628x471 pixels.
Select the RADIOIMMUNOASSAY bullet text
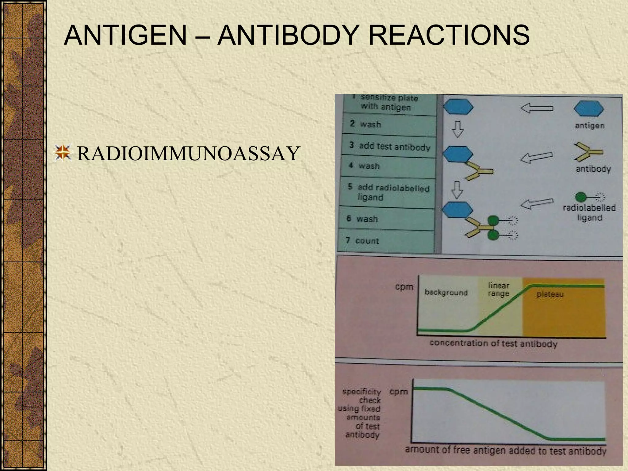pyautogui.click(x=188, y=153)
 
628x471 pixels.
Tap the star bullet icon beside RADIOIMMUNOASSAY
pyautogui.click(x=63, y=153)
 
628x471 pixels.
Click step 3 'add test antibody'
pyautogui.click(x=389, y=146)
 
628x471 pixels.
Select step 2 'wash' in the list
pyautogui.click(x=366, y=124)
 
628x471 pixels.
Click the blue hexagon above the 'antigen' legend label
pyautogui.click(x=588, y=109)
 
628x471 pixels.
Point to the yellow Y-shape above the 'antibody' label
pyautogui.click(x=588, y=151)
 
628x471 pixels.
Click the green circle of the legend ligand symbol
pyautogui.click(x=581, y=197)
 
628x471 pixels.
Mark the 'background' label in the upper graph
pyautogui.click(x=446, y=293)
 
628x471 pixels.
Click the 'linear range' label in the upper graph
pyautogui.click(x=499, y=289)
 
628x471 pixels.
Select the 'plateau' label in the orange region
pyautogui.click(x=550, y=295)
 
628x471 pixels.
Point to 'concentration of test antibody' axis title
pyautogui.click(x=493, y=343)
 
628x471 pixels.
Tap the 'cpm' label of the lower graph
pyautogui.click(x=399, y=392)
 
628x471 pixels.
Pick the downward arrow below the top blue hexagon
pyautogui.click(x=458, y=129)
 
